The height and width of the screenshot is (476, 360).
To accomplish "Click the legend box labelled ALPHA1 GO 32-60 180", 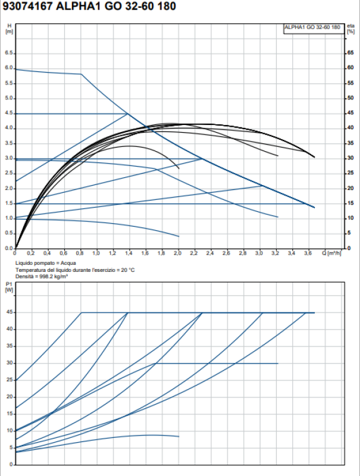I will click(x=312, y=27).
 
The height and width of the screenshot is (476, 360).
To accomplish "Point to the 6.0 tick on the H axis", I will click(x=9, y=68).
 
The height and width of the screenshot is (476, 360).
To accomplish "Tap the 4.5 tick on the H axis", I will click(x=9, y=113).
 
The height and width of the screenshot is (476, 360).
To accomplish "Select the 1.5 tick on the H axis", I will click(x=9, y=203).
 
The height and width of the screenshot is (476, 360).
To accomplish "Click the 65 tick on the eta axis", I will click(x=351, y=53).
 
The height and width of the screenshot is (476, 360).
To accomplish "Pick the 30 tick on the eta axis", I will click(x=351, y=158).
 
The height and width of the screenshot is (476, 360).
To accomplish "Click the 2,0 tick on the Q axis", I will click(x=177, y=253).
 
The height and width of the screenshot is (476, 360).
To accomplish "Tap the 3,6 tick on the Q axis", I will click(x=307, y=253).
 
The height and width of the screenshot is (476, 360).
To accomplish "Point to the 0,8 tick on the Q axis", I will click(x=80, y=253).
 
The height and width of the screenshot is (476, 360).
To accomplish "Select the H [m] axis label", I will click(x=9, y=28).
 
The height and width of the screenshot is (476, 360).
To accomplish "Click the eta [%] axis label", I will click(x=351, y=28).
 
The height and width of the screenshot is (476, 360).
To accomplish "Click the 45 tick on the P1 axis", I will click(x=9, y=312).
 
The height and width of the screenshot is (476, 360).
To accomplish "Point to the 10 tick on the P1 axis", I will click(x=9, y=430).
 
